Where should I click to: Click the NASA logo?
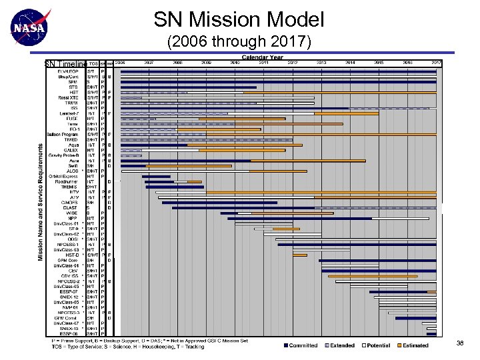pyautogui.click(x=30, y=27)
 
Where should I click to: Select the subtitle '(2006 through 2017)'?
pyautogui.click(x=239, y=43)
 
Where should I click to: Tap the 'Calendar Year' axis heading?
pyautogui.click(x=262, y=57)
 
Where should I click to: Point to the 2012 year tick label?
pyautogui.click(x=293, y=63)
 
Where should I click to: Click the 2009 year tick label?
pyautogui.click(x=206, y=63)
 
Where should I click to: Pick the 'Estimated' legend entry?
pyautogui.click(x=415, y=345)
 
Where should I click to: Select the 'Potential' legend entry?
pyautogui.click(x=378, y=345)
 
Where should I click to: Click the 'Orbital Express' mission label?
pyautogui.click(x=64, y=177)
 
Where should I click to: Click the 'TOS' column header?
pyautogui.click(x=93, y=63)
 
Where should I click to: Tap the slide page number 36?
pyautogui.click(x=459, y=343)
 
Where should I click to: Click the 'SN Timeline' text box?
pyautogui.click(x=65, y=64)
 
